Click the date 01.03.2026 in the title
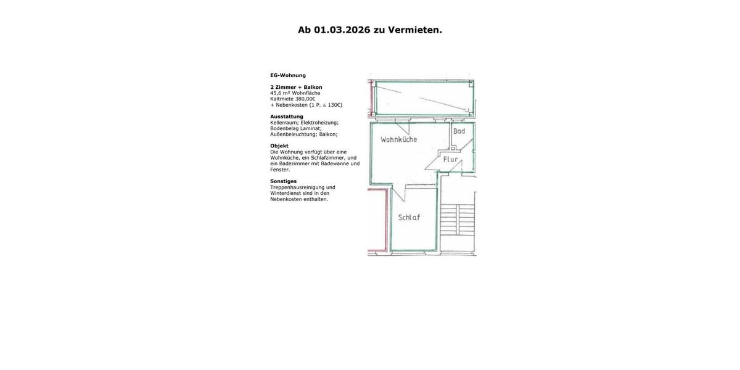click(342, 30)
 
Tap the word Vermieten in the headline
click(414, 30)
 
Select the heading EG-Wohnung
click(288, 75)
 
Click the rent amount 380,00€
click(305, 99)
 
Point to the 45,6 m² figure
click(280, 93)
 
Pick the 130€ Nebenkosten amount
click(334, 105)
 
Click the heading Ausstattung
click(287, 117)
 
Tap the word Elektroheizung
click(319, 123)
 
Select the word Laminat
click(310, 128)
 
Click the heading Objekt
click(279, 146)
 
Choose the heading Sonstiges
click(283, 181)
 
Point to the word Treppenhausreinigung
click(297, 187)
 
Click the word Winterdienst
click(285, 193)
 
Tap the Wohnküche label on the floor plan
click(398, 139)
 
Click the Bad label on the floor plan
click(459, 131)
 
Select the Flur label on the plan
click(451, 159)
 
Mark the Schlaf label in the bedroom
click(409, 218)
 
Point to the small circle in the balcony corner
click(467, 110)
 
